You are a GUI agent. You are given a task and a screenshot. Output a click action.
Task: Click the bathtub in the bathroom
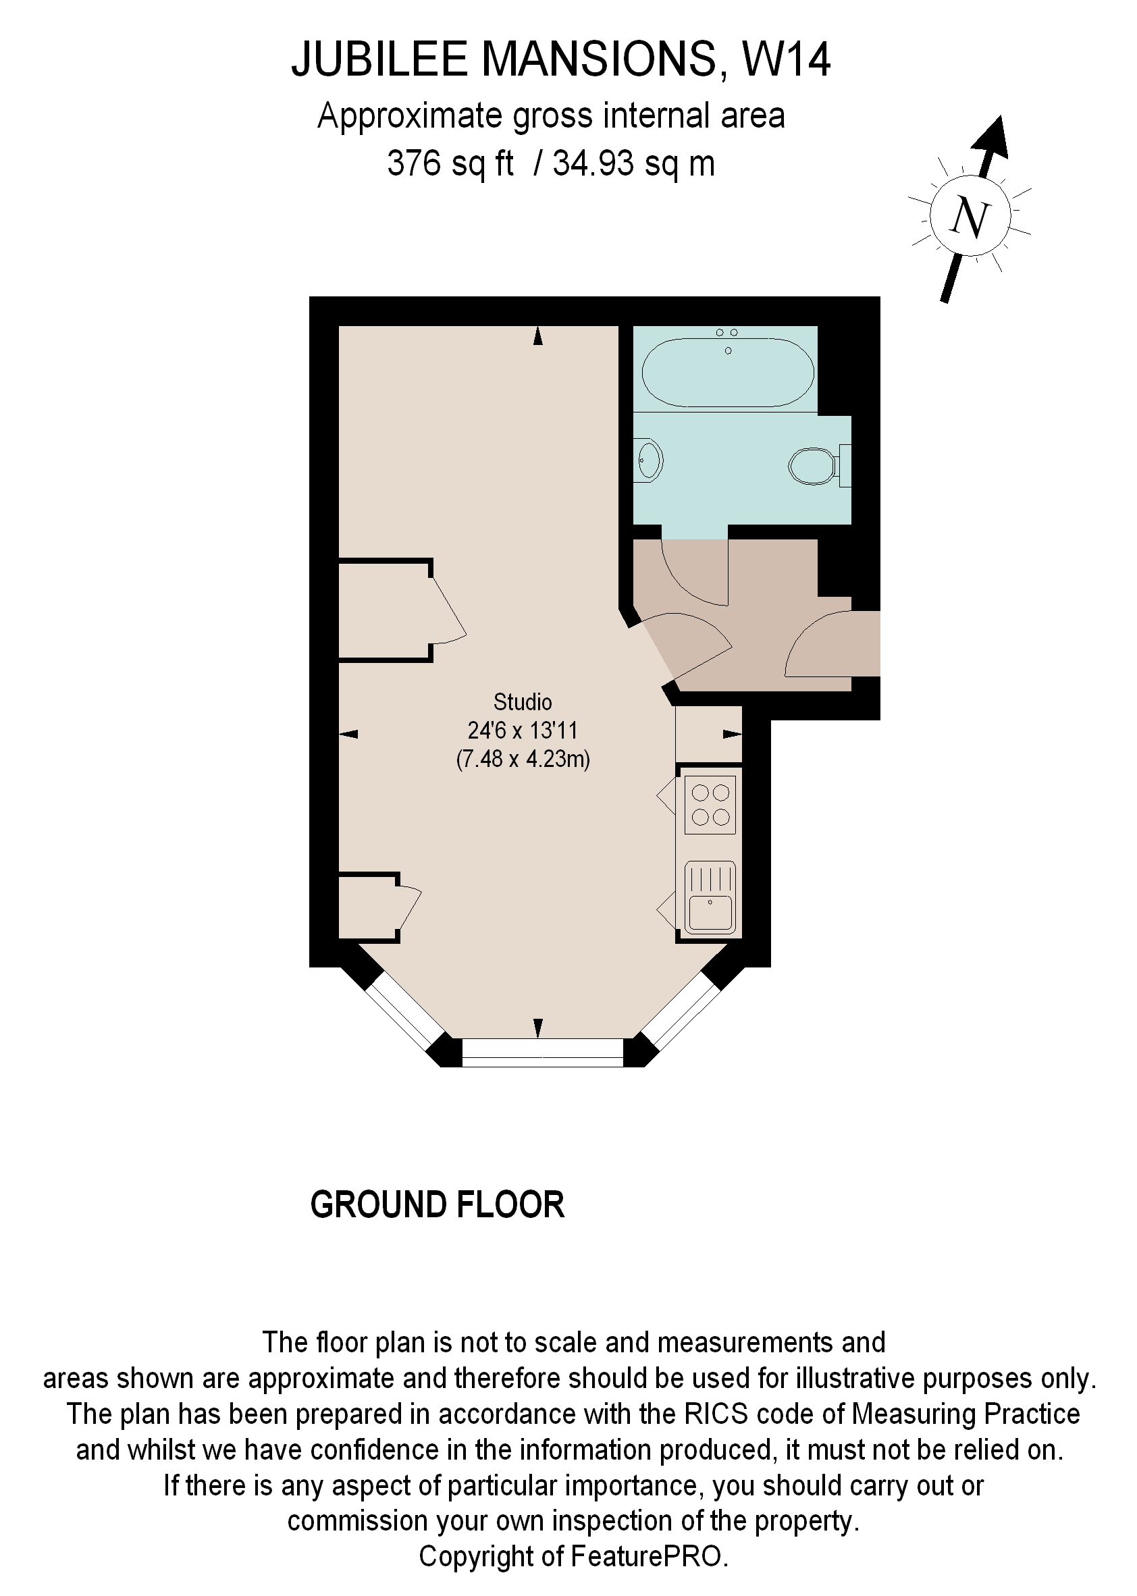click(x=727, y=373)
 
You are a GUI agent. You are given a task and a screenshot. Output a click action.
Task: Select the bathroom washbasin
click(x=649, y=460)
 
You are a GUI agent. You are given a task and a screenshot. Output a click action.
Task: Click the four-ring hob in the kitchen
click(x=710, y=804)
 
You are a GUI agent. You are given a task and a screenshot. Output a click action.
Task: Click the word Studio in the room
click(x=523, y=701)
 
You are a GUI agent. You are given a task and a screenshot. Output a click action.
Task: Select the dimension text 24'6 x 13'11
click(x=523, y=730)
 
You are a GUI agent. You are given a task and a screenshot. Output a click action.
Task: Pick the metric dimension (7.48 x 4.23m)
click(x=523, y=759)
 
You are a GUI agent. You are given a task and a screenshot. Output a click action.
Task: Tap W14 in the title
click(x=785, y=59)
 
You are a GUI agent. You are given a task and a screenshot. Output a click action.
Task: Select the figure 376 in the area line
click(x=415, y=164)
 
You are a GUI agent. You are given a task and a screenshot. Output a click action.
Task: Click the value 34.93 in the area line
click(x=593, y=164)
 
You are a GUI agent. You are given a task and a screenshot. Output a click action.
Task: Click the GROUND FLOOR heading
click(x=437, y=1204)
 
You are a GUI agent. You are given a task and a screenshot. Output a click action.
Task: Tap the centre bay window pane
click(x=542, y=1052)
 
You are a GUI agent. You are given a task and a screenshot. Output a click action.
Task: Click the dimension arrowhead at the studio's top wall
click(x=537, y=337)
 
